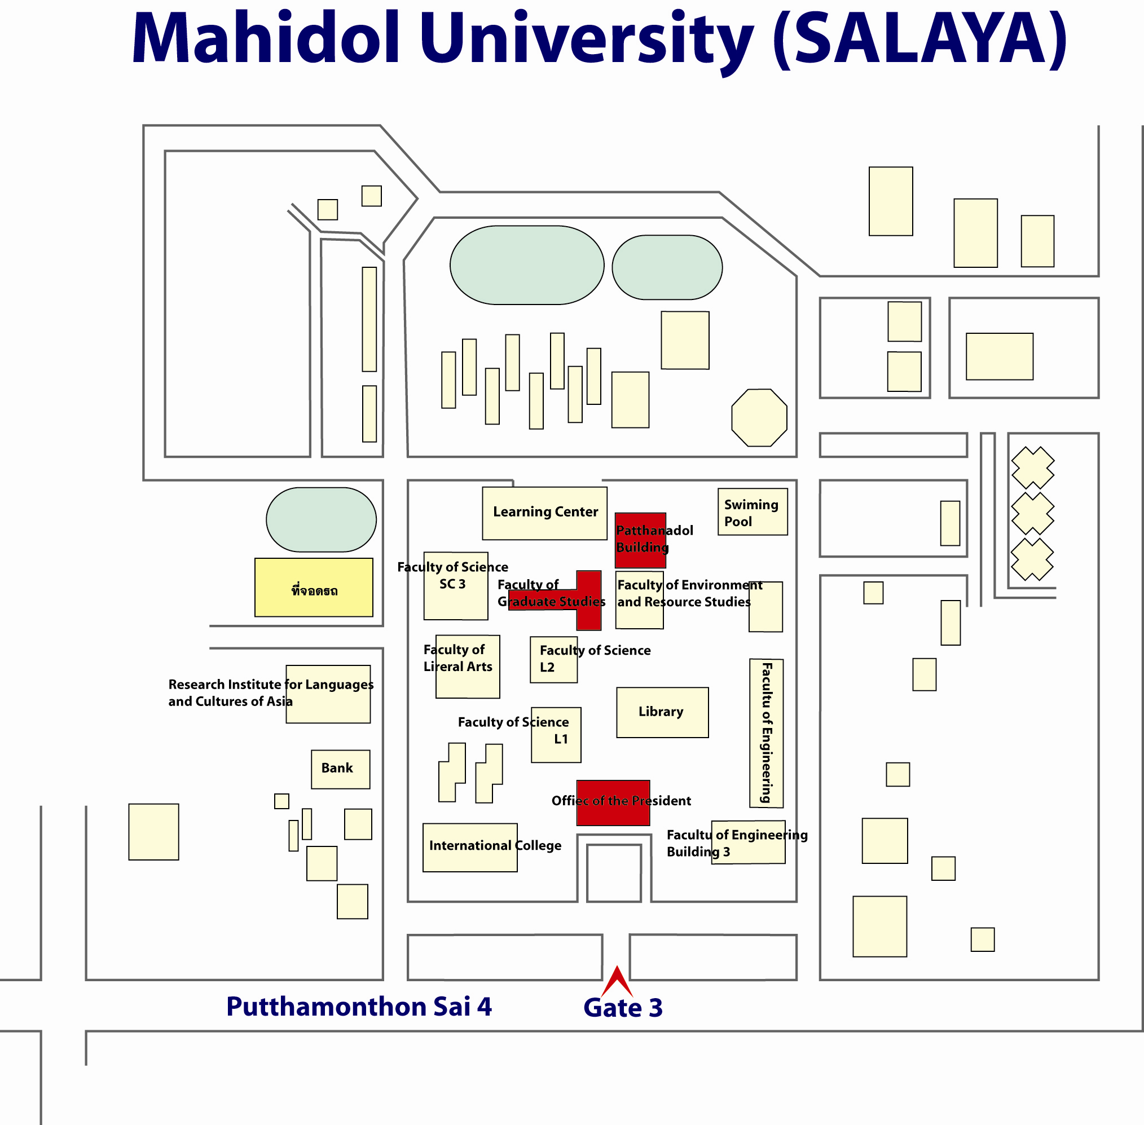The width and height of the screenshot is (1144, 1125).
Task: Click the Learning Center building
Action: point(544,513)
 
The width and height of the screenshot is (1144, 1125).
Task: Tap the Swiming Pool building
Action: point(752,511)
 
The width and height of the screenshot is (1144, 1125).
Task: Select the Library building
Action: point(662,712)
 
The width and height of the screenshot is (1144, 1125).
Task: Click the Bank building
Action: point(340,769)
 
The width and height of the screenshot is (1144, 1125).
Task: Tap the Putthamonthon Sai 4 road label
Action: point(359,1007)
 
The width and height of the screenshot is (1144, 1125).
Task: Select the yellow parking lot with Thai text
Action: point(314,588)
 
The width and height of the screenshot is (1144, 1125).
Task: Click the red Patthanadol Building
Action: point(641,540)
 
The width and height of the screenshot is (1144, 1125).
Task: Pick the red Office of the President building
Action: point(613,802)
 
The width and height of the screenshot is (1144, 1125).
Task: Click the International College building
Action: point(470,848)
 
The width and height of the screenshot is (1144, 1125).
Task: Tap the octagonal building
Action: point(759,417)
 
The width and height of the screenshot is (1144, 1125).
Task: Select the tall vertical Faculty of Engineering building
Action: point(767,733)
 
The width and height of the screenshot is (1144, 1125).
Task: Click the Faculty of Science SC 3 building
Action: point(456,585)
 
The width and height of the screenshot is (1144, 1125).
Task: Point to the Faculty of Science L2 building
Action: point(554,659)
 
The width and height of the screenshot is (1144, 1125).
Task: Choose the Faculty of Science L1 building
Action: point(556,735)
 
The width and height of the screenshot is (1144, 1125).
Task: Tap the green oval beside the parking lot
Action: point(322,519)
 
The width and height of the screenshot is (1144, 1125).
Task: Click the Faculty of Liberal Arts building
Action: point(468,667)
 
